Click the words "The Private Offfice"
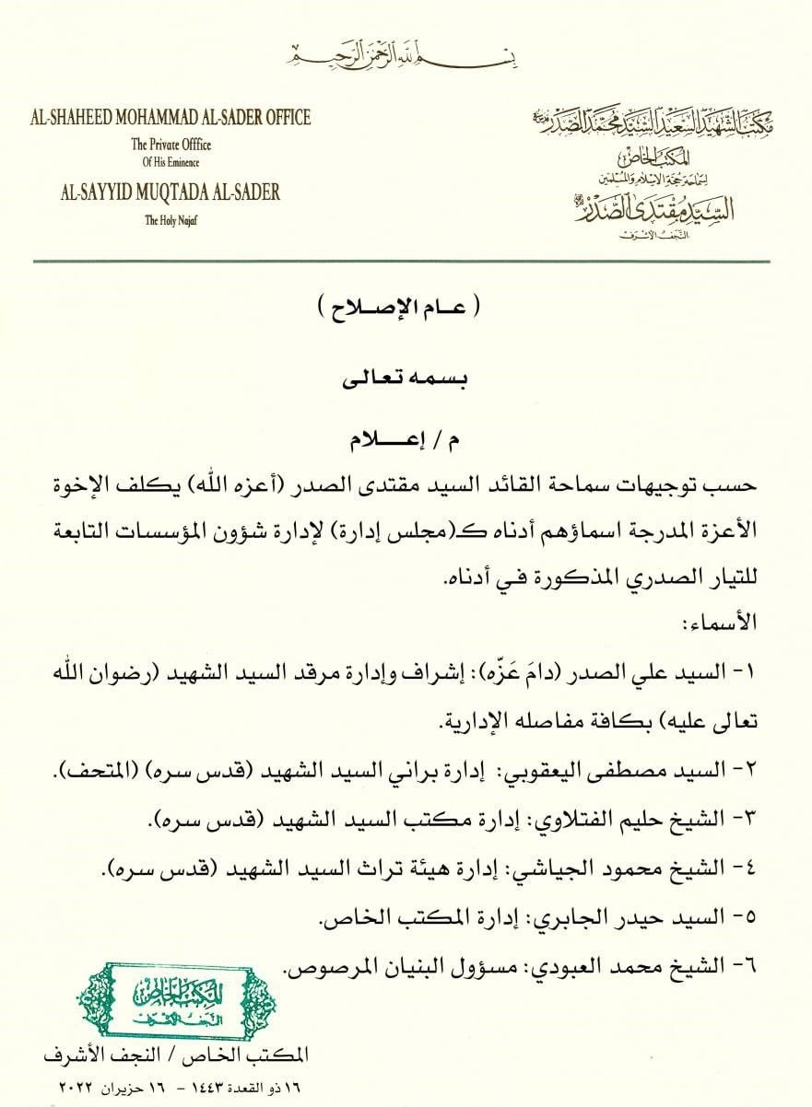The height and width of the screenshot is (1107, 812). click(171, 145)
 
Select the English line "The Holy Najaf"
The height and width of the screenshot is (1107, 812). click(171, 220)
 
